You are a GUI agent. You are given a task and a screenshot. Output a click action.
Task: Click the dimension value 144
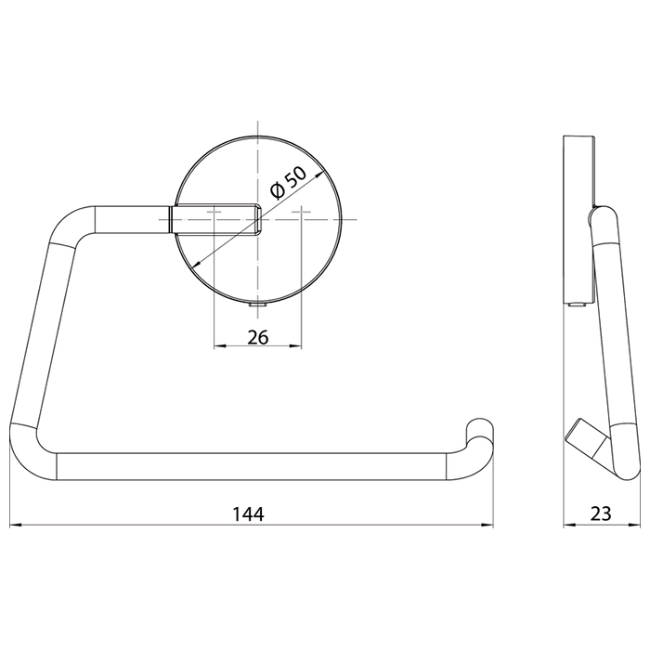point(248,514)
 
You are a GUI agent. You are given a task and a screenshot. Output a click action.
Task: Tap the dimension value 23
point(601,514)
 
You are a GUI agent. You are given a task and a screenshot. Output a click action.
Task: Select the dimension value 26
point(258,337)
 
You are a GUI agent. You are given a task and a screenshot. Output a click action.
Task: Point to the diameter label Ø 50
point(288,182)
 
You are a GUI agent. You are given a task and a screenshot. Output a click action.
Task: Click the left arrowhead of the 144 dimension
point(15,526)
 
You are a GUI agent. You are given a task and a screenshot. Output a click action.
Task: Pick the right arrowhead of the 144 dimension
point(487,526)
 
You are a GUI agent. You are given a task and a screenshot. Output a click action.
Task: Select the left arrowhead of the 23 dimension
point(569,526)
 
